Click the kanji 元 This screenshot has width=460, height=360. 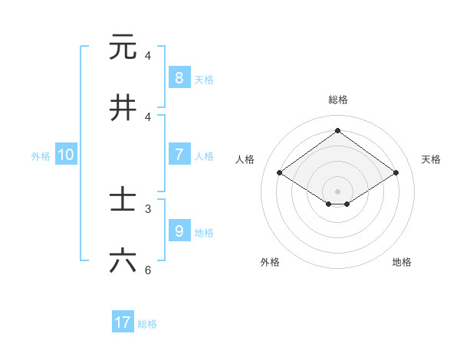coord(123,47)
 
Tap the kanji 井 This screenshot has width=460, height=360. coord(123,108)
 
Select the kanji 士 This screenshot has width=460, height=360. coord(123,200)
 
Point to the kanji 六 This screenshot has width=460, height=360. coord(123,261)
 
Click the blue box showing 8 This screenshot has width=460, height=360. coord(179,77)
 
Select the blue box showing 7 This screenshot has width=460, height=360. coord(179,154)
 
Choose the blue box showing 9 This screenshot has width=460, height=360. coord(179,231)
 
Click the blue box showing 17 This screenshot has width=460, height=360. coord(123,322)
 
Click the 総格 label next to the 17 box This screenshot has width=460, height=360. coord(147,324)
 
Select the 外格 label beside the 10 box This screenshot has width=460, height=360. coord(41,156)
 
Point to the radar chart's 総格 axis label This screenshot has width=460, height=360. coord(337,100)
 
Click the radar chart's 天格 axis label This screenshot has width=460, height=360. coord(431,159)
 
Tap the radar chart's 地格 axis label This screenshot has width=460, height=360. coord(402,263)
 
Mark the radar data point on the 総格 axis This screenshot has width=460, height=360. coord(337,130)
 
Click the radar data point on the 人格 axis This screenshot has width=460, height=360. coord(279,173)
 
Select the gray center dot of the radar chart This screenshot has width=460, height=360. coord(337,191)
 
